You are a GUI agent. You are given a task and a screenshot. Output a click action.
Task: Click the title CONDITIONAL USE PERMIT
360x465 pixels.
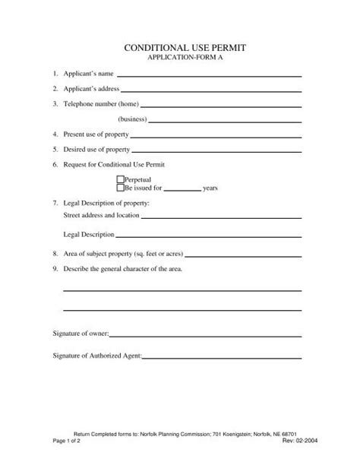[180, 49]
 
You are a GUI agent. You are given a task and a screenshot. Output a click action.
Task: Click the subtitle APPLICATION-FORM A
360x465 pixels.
[180, 59]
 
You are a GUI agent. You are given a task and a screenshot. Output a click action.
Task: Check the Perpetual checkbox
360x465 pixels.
[119, 179]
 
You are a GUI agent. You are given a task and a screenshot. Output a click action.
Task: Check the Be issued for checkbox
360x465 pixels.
[119, 187]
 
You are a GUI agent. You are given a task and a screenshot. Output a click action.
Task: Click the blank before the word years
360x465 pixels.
[182, 189]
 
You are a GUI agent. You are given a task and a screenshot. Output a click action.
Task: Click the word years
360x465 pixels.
[210, 188]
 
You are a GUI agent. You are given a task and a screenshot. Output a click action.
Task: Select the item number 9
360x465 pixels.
[55, 269]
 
